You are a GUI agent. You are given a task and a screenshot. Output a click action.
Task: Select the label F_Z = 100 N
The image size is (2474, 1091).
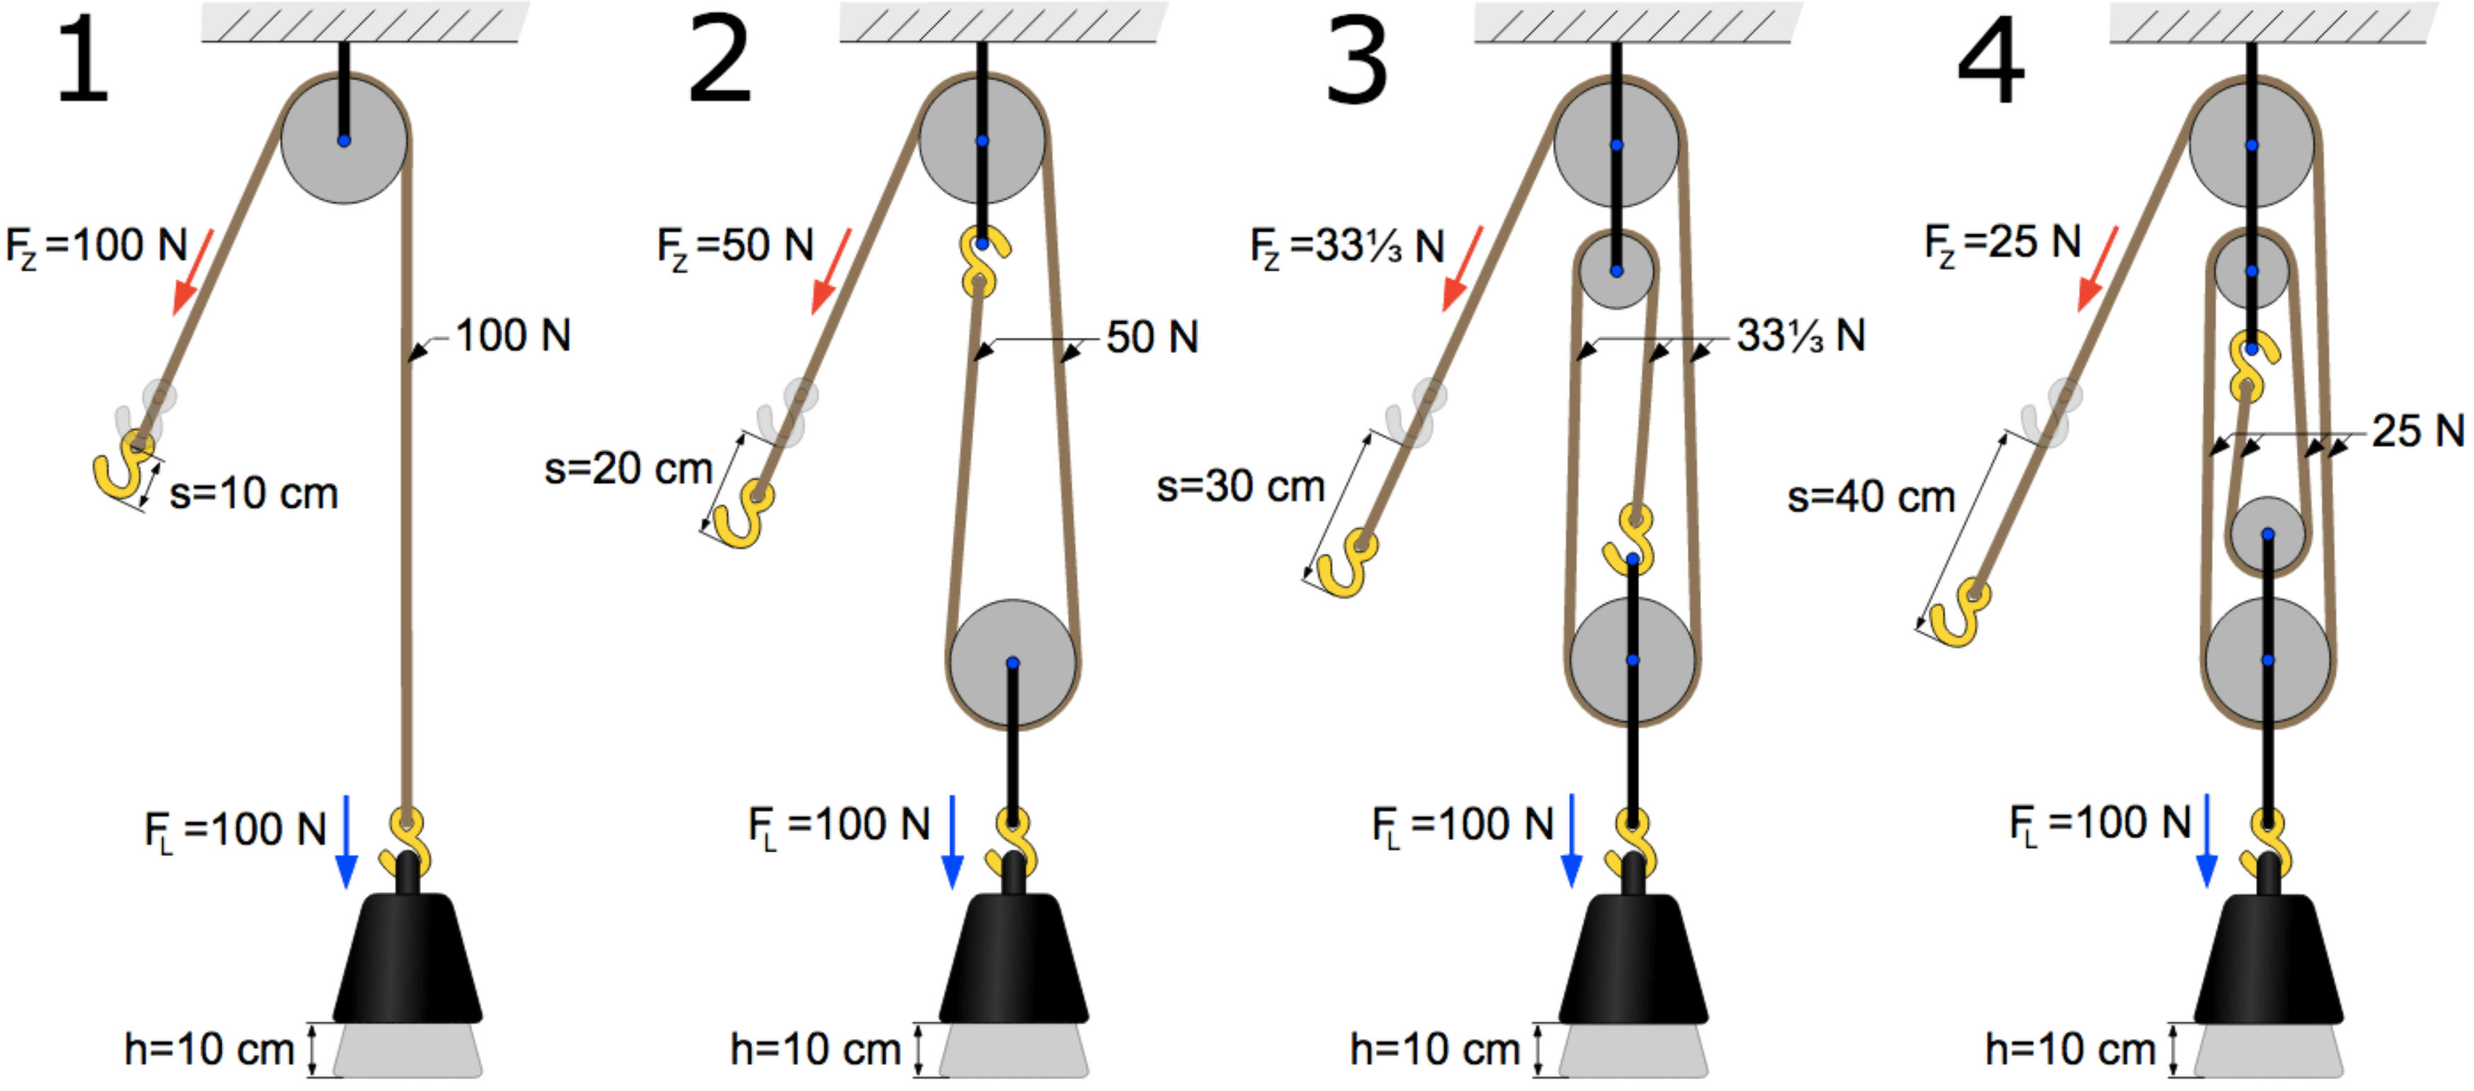tap(96, 246)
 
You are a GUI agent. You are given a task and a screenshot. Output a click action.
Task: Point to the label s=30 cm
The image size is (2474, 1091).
tap(1241, 486)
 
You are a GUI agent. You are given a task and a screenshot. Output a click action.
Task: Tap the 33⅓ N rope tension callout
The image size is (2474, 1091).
tap(1800, 336)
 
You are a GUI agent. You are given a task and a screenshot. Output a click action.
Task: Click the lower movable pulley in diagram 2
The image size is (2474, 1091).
tap(1012, 662)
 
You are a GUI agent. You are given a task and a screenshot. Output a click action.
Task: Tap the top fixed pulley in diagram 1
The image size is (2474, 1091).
tap(344, 140)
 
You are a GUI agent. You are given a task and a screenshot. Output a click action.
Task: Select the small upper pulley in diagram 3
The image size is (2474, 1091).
tap(1616, 271)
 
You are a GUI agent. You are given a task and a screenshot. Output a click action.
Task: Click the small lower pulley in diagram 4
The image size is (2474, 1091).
tap(2267, 535)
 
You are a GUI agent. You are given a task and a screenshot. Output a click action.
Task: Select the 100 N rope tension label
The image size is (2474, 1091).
tap(513, 336)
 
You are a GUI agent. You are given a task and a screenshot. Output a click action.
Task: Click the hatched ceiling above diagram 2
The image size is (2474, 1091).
tap(1004, 21)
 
